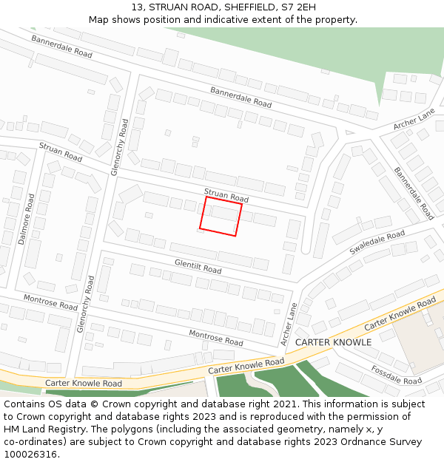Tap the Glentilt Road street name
pyautogui.click(x=198, y=265)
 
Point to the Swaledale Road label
pyautogui.click(x=377, y=242)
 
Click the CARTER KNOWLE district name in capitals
pyautogui.click(x=333, y=342)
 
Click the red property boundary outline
pyautogui.click(x=221, y=216)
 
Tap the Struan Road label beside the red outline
pyautogui.click(x=226, y=195)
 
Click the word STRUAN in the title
pyautogui.click(x=166, y=7)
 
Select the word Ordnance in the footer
pyautogui.click(x=360, y=442)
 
